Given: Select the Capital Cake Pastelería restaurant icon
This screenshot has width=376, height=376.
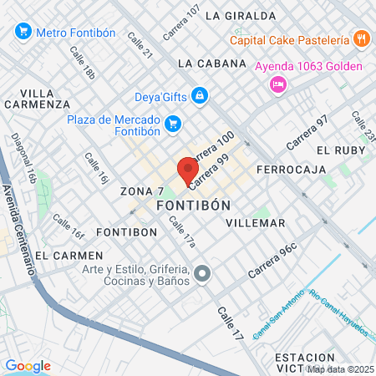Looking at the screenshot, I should [361, 38].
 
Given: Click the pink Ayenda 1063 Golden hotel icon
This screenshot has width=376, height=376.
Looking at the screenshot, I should [279, 84].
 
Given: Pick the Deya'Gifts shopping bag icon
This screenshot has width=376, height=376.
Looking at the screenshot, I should [199, 96].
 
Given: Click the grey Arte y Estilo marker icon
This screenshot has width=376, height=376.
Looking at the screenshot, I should [201, 273].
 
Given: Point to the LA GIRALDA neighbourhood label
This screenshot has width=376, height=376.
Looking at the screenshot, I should [240, 15].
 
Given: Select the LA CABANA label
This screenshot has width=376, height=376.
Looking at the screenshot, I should [212, 63].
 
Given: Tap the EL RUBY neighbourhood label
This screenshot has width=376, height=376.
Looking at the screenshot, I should [335, 150].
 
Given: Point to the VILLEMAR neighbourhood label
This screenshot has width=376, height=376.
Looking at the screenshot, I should [256, 223].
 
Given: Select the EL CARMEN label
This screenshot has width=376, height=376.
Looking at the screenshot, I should [69, 255].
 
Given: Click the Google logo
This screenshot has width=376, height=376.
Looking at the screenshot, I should [28, 366].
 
